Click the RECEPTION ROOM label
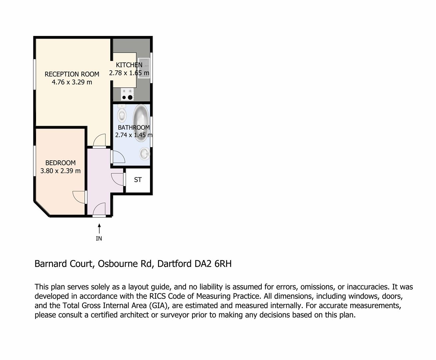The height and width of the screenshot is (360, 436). [72, 74]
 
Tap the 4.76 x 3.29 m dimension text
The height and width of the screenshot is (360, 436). [72, 82]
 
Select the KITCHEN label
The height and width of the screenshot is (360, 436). [129, 65]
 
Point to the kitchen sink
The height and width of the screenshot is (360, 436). [144, 68]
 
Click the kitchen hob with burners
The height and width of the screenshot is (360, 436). [127, 94]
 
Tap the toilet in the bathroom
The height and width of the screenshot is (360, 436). [122, 113]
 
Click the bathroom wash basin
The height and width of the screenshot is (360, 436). [145, 153]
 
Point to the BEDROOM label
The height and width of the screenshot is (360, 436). [60, 163]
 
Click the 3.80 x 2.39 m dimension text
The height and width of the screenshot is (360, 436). [60, 171]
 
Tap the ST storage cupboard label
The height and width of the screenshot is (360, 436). [138, 180]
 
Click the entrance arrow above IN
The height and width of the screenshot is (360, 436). [99, 228]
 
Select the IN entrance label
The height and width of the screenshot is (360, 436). [99, 238]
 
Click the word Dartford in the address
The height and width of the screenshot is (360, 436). [174, 264]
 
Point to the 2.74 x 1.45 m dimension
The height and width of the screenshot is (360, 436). [134, 135]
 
